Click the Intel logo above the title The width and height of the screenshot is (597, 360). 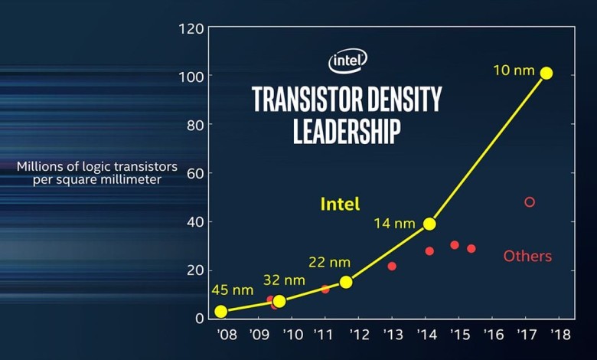(347, 61)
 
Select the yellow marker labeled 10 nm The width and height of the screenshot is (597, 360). (546, 74)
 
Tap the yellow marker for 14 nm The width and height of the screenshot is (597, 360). (429, 224)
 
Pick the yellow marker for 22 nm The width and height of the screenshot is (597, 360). (346, 282)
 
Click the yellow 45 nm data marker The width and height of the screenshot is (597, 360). (221, 311)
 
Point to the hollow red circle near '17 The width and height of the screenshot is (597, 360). (530, 202)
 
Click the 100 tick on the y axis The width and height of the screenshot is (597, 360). (192, 77)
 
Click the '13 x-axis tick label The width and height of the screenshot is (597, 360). (392, 335)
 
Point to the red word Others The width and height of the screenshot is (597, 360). (527, 256)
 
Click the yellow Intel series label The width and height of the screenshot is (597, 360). (340, 204)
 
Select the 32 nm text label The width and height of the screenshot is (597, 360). (284, 280)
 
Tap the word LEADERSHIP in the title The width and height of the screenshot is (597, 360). (347, 131)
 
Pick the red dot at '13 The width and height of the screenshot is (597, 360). (392, 267)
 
